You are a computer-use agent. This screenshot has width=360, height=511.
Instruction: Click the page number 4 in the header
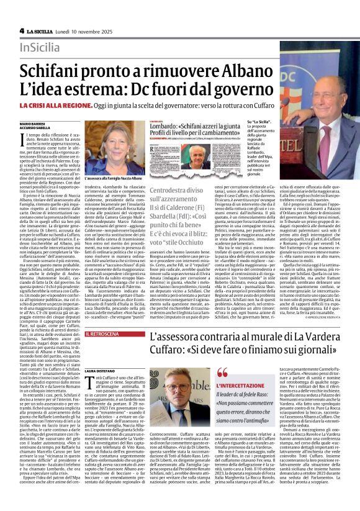click(21, 30)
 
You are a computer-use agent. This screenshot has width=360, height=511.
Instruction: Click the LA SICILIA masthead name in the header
click(41, 30)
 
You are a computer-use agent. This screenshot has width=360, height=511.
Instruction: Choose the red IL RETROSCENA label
click(102, 333)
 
